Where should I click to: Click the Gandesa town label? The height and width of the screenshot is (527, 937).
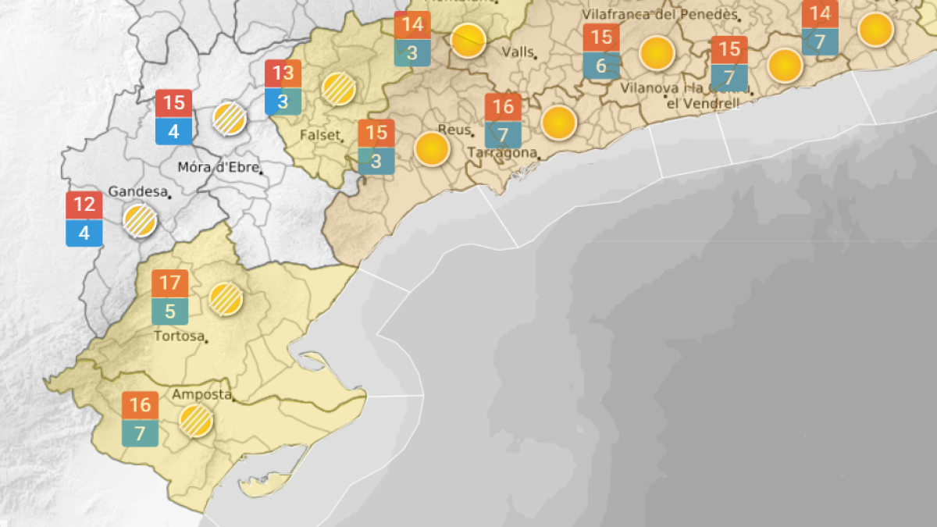pyautogui.click(x=137, y=191)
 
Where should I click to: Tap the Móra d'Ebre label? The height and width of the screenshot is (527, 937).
pyautogui.click(x=217, y=166)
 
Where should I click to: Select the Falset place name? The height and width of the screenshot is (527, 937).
pyautogui.click(x=319, y=134)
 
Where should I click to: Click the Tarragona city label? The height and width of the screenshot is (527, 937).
pyautogui.click(x=502, y=153)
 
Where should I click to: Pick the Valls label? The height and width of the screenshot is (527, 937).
pyautogui.click(x=518, y=52)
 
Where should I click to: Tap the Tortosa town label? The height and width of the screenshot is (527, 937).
pyautogui.click(x=179, y=336)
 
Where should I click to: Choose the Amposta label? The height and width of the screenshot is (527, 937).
pyautogui.click(x=201, y=394)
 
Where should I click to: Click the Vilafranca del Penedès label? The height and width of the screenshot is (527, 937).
pyautogui.click(x=660, y=15)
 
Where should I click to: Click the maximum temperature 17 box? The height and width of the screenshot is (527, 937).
pyautogui.click(x=170, y=282)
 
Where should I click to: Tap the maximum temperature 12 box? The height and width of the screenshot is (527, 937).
pyautogui.click(x=84, y=205)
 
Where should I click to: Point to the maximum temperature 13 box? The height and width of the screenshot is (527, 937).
pyautogui.click(x=283, y=74)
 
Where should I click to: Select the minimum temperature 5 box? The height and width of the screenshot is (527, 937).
pyautogui.click(x=170, y=312)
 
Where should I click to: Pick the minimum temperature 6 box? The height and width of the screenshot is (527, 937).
pyautogui.click(x=601, y=66)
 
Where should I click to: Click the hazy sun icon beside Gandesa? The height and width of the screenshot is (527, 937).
pyautogui.click(x=140, y=220)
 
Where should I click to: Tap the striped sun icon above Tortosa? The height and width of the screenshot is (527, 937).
pyautogui.click(x=226, y=298)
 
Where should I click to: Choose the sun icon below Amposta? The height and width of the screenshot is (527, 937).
pyautogui.click(x=195, y=421)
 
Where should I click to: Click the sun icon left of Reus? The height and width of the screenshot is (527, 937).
pyautogui.click(x=432, y=149)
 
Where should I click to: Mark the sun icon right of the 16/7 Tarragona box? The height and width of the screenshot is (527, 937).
pyautogui.click(x=558, y=123)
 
